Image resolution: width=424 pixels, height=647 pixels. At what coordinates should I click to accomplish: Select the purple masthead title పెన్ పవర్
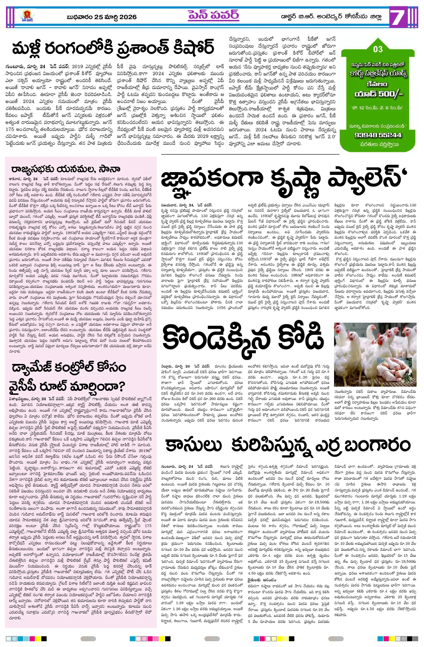[213, 15]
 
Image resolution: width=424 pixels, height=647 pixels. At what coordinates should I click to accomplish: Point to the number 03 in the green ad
[378, 49]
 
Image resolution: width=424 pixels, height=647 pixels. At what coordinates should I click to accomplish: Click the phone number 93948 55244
[378, 135]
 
